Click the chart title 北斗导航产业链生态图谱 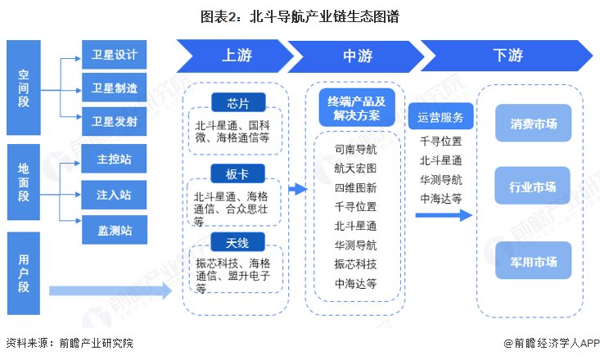pos(300,16)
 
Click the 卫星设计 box pos(115,56)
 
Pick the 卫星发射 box pos(115,120)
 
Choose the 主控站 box pos(115,159)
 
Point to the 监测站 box pos(115,230)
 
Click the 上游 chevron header pos(232,56)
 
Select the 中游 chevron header pos(355,56)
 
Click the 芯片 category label pos(235,104)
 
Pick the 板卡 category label pos(235,173)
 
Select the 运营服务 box pos(440,116)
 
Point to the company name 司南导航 pos(356,150)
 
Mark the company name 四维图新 pos(356,187)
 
